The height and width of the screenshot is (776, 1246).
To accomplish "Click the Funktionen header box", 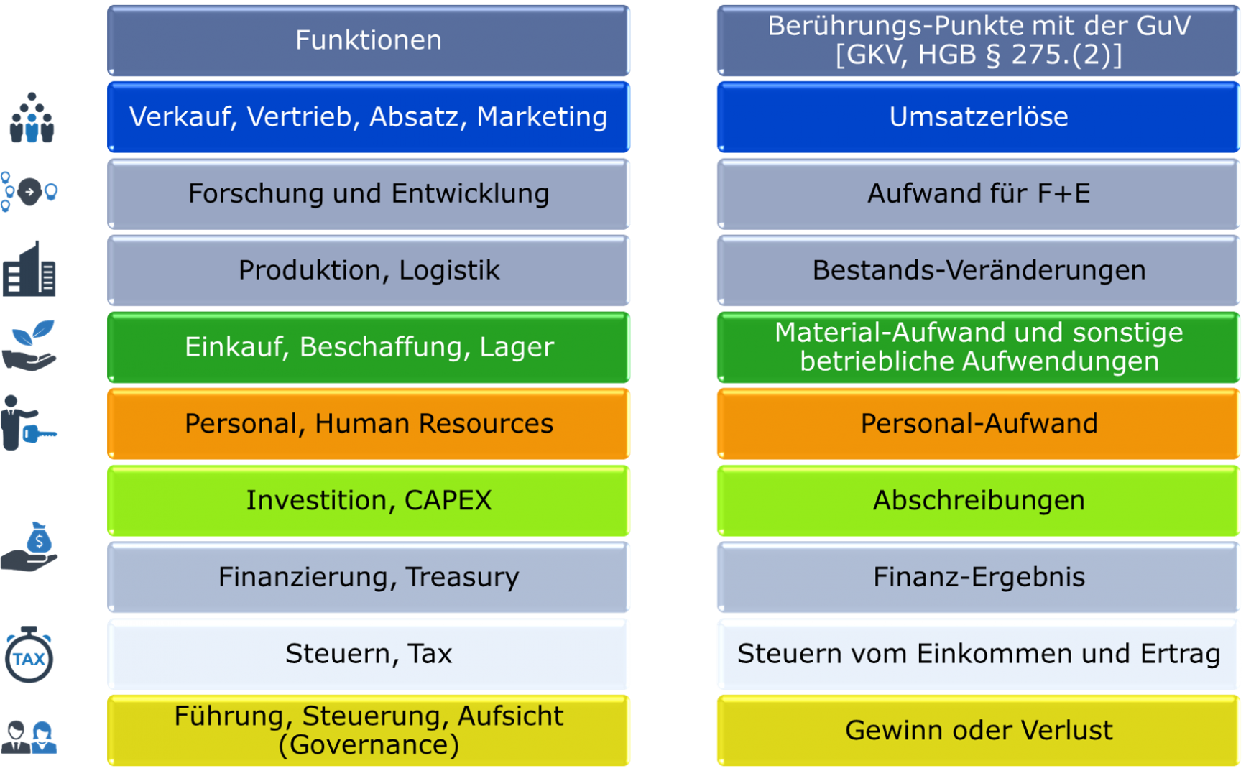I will [369, 40].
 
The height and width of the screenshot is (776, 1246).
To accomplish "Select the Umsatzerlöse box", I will [979, 117].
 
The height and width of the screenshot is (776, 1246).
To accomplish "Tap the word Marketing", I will [543, 117].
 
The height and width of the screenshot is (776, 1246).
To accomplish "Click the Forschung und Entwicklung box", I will [369, 194].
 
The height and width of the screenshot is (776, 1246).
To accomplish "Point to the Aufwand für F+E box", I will [979, 194].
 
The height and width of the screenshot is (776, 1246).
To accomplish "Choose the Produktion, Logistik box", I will [369, 271].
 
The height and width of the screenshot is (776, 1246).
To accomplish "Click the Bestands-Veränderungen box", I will [979, 271].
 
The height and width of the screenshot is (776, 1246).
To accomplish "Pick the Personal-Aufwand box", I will [979, 424].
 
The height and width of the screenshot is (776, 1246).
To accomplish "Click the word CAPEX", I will [448, 501].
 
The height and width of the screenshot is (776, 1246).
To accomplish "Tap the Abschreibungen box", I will [979, 501].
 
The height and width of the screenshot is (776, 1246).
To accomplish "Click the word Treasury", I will [462, 578].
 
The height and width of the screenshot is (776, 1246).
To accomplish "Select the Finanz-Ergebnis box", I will [979, 578].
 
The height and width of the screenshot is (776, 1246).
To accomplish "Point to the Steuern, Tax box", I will [369, 654].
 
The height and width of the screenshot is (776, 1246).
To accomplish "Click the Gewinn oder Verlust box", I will [979, 731].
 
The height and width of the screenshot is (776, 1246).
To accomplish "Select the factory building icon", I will [29, 269].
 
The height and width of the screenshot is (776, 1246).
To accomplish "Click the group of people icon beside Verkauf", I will [31, 119].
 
